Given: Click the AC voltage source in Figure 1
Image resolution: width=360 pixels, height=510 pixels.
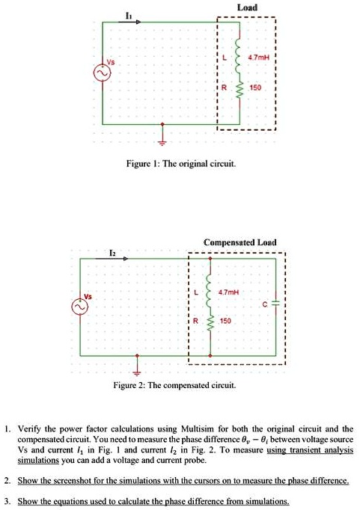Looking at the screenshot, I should tap(99, 74).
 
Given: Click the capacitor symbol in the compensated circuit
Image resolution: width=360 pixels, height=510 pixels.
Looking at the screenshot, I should tap(275, 304).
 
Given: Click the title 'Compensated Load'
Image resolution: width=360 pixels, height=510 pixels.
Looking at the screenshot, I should tap(240, 242).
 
